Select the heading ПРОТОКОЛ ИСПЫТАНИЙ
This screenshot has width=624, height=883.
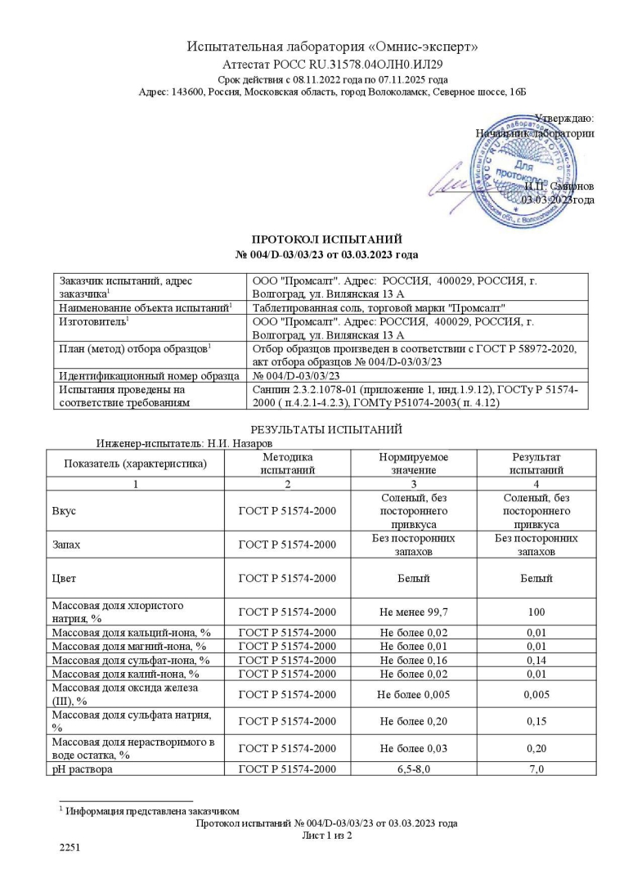(326, 240)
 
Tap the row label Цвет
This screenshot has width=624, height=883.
(64, 578)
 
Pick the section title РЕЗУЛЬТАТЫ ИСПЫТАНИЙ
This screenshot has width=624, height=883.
(326, 429)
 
